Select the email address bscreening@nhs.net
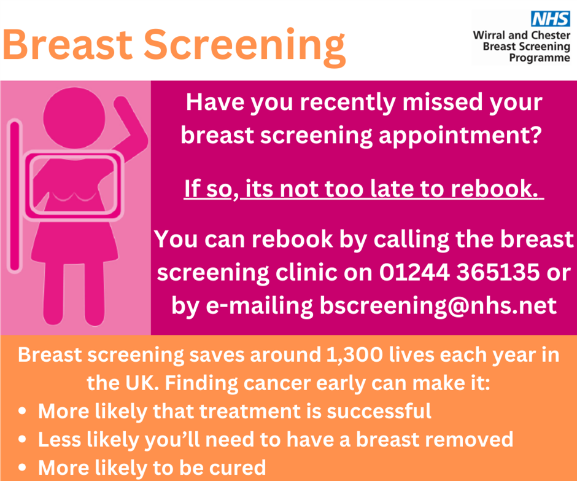[438, 305]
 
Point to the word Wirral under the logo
[490, 35]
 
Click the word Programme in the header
[539, 58]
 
